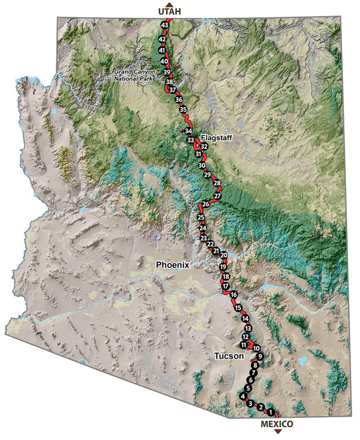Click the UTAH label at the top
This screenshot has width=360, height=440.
(x=169, y=12)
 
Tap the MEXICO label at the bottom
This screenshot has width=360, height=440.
(x=277, y=424)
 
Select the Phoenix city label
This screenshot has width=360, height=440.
(x=172, y=265)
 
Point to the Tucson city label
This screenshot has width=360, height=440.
(x=229, y=356)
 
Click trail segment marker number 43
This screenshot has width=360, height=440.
(x=164, y=25)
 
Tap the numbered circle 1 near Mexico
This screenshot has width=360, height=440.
(x=270, y=413)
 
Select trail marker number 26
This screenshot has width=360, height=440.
(x=206, y=204)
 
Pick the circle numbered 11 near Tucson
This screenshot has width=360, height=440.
(x=243, y=345)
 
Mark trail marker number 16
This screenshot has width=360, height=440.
(x=234, y=295)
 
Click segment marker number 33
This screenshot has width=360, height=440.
(x=191, y=140)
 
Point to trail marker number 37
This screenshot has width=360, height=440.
(x=173, y=90)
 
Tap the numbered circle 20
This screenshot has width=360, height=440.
(x=224, y=255)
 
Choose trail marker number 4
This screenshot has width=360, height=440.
(x=243, y=396)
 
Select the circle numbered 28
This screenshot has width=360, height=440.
(x=217, y=184)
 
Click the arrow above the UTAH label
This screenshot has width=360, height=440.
(x=169, y=4)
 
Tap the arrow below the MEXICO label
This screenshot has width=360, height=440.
(x=277, y=431)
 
